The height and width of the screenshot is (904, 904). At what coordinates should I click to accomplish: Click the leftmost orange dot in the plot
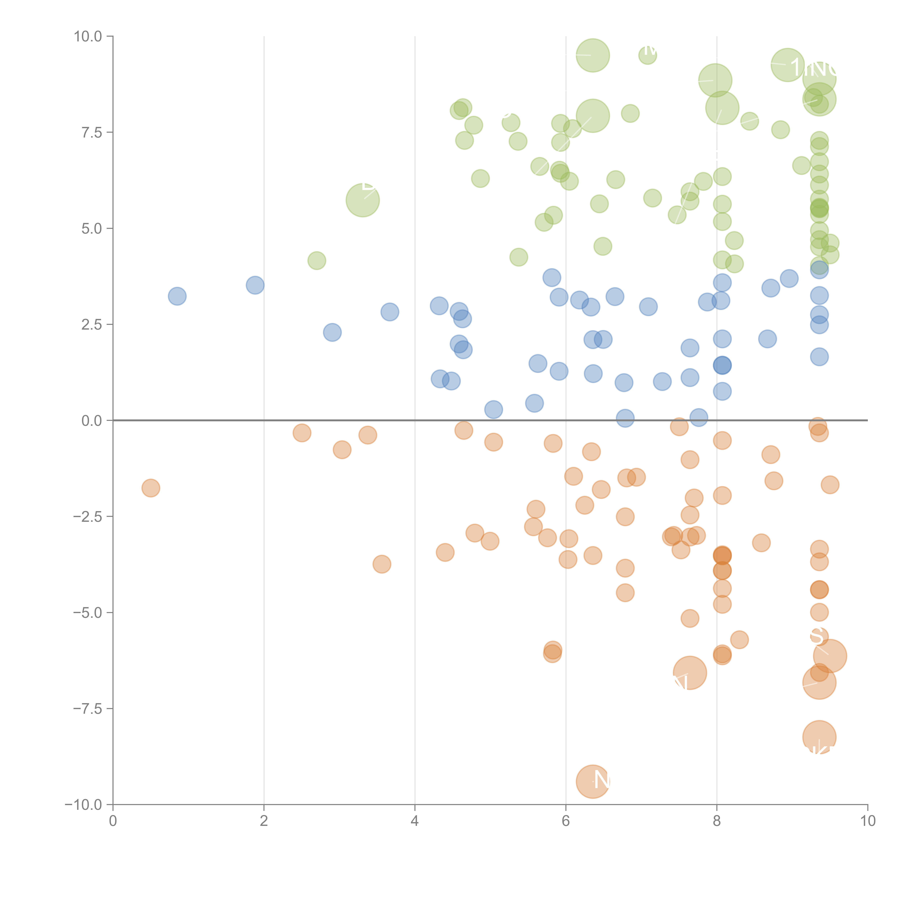(x=151, y=488)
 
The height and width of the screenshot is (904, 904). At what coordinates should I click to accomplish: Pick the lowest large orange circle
(x=593, y=781)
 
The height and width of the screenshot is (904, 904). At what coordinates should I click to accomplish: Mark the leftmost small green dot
(x=317, y=260)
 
